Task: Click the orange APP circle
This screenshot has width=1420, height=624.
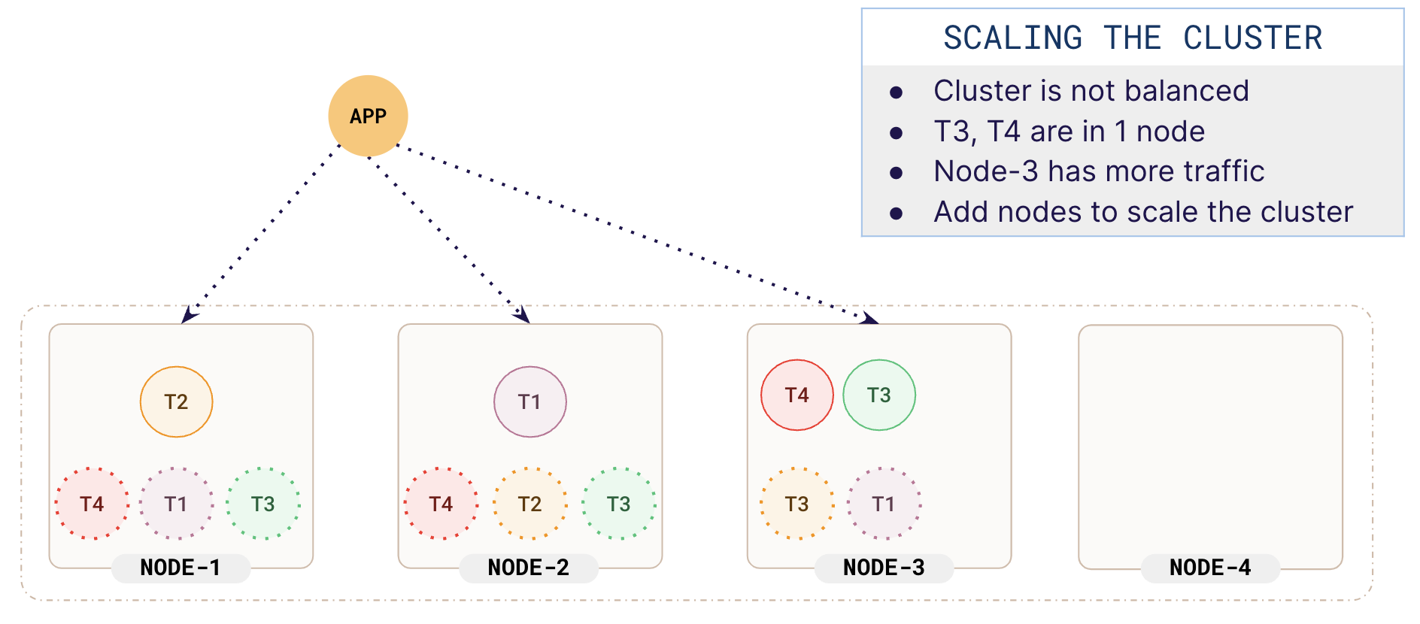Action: pyautogui.click(x=368, y=116)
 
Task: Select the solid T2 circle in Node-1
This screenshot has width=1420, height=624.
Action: pyautogui.click(x=176, y=401)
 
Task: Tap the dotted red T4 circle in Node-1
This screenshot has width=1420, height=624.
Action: pyautogui.click(x=92, y=504)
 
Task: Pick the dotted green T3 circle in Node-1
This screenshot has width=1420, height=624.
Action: pyautogui.click(x=262, y=504)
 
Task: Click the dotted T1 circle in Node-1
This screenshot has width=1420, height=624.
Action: pyautogui.click(x=176, y=504)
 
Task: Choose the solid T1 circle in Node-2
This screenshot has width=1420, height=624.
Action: pyautogui.click(x=529, y=401)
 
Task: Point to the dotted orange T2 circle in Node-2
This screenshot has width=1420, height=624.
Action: pyautogui.click(x=529, y=504)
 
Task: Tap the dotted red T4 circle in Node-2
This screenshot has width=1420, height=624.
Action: pyautogui.click(x=441, y=504)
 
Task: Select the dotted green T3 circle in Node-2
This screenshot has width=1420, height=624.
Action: pyautogui.click(x=618, y=504)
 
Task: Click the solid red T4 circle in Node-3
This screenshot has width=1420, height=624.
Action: pyautogui.click(x=796, y=395)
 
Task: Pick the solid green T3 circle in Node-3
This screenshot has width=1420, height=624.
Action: pyautogui.click(x=878, y=395)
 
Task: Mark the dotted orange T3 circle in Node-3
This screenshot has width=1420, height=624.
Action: pyautogui.click(x=796, y=504)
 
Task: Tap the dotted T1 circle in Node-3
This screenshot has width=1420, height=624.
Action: pyautogui.click(x=884, y=504)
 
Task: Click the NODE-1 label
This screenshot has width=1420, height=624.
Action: pyautogui.click(x=181, y=568)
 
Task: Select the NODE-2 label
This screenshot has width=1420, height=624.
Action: pyautogui.click(x=529, y=568)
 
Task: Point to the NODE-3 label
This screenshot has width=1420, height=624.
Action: pyautogui.click(x=884, y=568)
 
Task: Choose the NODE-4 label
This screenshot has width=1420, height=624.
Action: pyautogui.click(x=1210, y=568)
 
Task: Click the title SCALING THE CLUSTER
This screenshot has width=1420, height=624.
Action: pyautogui.click(x=1132, y=38)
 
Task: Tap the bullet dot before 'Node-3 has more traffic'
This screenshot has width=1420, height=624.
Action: pyautogui.click(x=896, y=173)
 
